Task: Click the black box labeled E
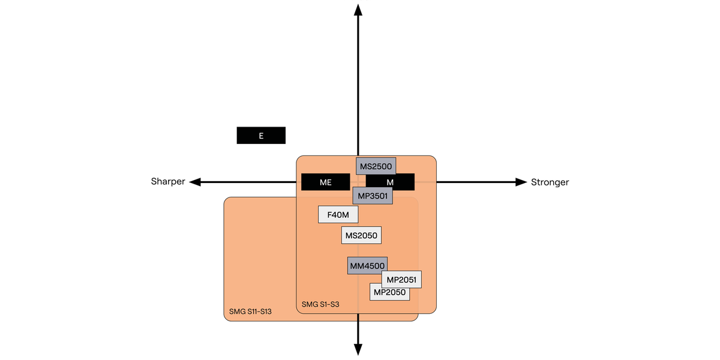coord(261,136)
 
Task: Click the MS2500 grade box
coord(376,166)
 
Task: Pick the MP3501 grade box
coord(372,196)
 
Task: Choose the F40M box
coord(338,214)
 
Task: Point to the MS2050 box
coord(361,235)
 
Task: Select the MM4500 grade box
coord(367,265)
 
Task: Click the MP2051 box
coord(401,280)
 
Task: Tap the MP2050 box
coord(390,292)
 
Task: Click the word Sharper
coord(168,182)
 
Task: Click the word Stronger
coord(550,182)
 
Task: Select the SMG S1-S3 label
coord(320,304)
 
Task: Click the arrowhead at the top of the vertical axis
coord(358,9)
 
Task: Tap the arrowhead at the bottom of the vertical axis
coord(358,349)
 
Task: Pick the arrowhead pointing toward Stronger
coord(521,182)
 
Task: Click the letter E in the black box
coord(261,136)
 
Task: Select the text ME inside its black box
coord(326,182)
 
